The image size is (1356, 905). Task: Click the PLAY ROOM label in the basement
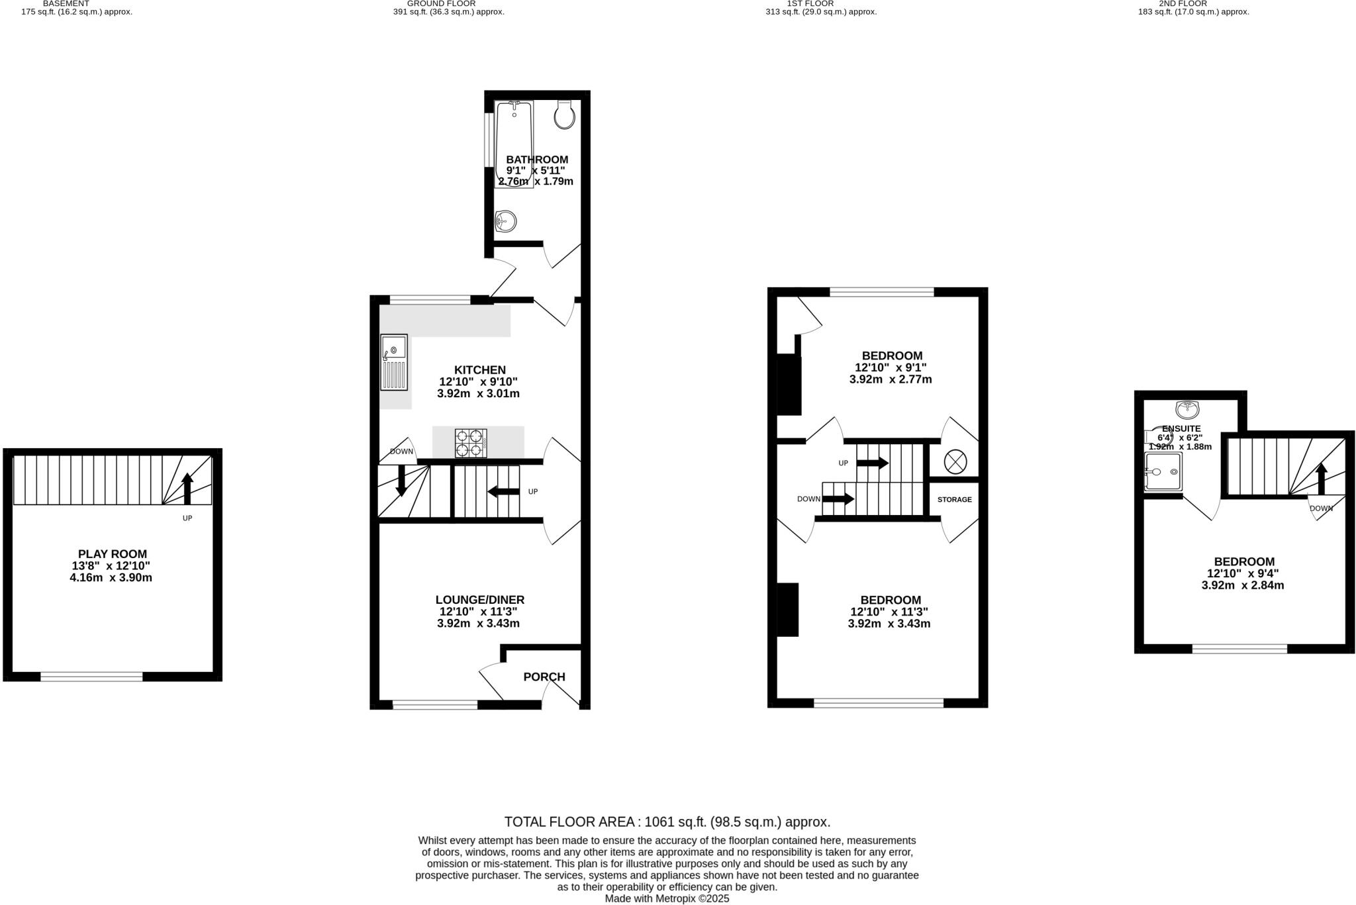[112, 554]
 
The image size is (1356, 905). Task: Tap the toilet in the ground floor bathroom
[564, 115]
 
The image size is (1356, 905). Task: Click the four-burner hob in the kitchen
[471, 443]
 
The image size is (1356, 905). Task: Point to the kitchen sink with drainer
[394, 363]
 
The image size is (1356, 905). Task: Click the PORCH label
[544, 677]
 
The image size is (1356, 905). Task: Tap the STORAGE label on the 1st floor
[954, 499]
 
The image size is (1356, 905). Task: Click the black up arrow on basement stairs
[187, 489]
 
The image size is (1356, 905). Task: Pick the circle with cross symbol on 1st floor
[955, 461]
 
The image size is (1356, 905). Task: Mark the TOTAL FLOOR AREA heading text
[667, 822]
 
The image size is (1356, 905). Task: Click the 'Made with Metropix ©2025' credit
[667, 898]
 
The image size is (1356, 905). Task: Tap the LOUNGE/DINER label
[479, 600]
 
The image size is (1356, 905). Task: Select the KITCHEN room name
[479, 370]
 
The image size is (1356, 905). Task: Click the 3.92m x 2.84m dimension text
[1242, 585]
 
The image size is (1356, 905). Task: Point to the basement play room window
[91, 676]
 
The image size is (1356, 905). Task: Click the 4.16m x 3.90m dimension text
[111, 577]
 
